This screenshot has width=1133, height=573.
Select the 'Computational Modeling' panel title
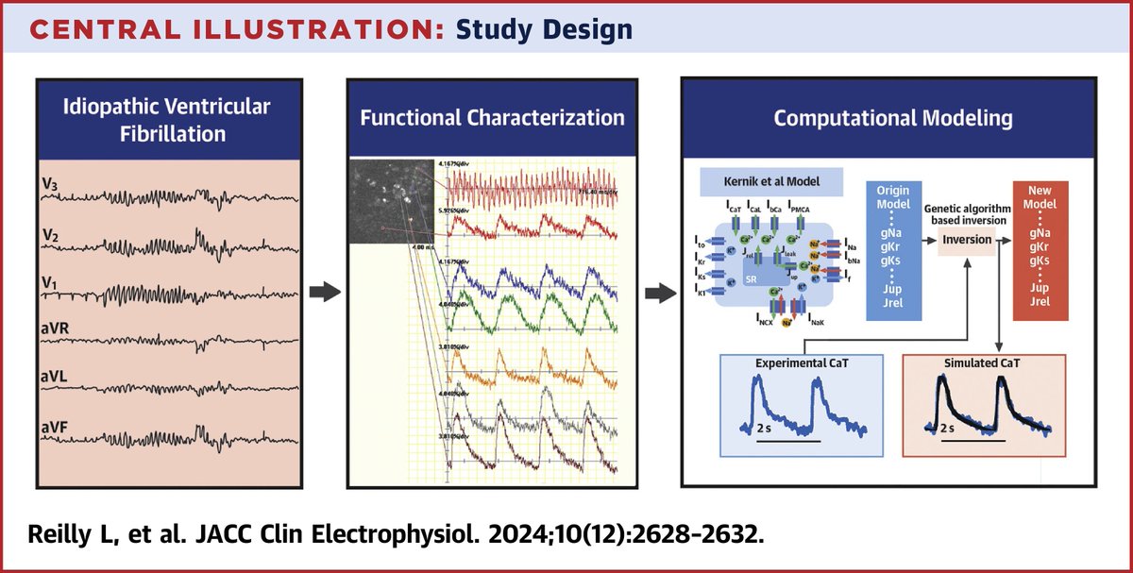(x=892, y=119)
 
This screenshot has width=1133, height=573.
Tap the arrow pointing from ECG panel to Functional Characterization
(x=325, y=294)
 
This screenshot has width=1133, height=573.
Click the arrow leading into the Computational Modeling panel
(x=658, y=294)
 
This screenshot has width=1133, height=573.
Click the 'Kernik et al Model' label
(x=769, y=180)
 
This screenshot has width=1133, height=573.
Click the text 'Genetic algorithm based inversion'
(x=967, y=213)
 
